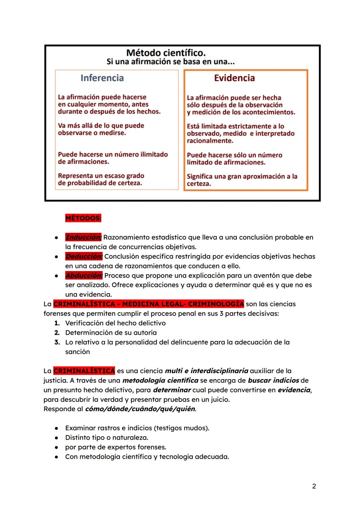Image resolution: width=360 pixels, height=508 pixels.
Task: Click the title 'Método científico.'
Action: [x=166, y=53]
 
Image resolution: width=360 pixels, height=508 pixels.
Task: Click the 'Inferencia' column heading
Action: [x=102, y=78]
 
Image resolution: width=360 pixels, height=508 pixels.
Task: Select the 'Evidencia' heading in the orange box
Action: [x=234, y=78]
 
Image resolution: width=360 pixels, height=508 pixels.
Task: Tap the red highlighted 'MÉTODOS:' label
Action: [x=83, y=218]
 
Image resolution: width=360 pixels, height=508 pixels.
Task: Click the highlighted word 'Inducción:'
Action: [x=83, y=238]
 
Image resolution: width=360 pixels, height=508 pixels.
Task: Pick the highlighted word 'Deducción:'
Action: [x=84, y=256]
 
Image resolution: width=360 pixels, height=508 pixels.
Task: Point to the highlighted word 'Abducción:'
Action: [x=84, y=275]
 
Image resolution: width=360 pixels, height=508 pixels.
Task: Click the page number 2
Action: [x=314, y=486]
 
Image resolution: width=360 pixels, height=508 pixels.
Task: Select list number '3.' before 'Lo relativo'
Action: [x=57, y=342]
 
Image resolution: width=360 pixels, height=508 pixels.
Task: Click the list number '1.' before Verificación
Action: [x=57, y=323]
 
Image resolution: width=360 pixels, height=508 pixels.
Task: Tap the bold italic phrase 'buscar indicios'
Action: [x=273, y=380]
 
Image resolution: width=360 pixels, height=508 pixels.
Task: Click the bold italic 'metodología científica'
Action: [x=160, y=380]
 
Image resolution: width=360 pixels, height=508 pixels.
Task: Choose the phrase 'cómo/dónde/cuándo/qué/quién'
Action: [x=140, y=409]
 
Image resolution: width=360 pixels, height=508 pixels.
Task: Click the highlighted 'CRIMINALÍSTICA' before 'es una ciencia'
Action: [x=84, y=371]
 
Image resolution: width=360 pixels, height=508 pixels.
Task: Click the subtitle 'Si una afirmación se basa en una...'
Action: [x=171, y=62]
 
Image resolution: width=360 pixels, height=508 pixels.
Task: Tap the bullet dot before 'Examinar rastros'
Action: [x=57, y=428]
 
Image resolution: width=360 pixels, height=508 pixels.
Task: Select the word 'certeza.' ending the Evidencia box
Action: [x=199, y=184]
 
